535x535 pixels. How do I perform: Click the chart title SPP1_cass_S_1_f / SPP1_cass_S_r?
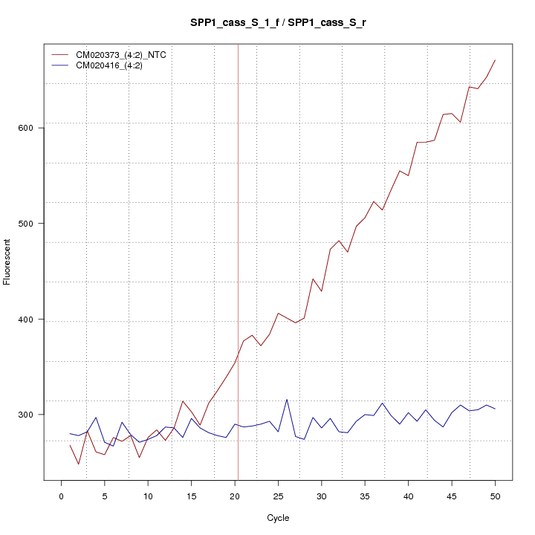(x=277, y=23)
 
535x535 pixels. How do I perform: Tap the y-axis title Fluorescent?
(x=7, y=262)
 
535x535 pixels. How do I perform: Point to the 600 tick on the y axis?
(x=30, y=128)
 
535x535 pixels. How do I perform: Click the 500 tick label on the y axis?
(x=30, y=224)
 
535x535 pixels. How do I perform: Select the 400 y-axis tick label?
(x=30, y=320)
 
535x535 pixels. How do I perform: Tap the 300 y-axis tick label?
(x=30, y=415)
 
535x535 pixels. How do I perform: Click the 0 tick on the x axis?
(x=61, y=496)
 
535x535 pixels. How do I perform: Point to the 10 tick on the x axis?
(x=148, y=496)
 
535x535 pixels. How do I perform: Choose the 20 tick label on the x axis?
(x=235, y=496)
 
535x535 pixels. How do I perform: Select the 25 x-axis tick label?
(x=278, y=496)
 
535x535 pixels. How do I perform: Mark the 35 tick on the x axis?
(x=365, y=496)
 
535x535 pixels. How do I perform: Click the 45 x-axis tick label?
(x=452, y=496)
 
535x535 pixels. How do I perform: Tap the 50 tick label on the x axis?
(x=495, y=496)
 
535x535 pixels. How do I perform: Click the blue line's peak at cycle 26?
(x=287, y=399)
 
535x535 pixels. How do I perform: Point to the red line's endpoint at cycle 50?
(x=495, y=59)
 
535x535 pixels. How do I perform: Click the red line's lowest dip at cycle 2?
(x=79, y=464)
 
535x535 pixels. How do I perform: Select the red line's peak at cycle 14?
(x=183, y=401)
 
